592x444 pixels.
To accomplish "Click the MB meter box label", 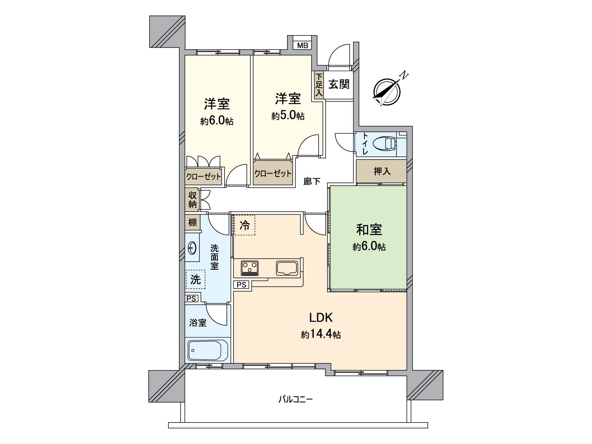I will click(x=303, y=46).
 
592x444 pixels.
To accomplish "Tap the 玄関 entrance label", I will click(x=339, y=84).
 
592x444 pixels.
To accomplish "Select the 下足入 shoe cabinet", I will click(x=319, y=85).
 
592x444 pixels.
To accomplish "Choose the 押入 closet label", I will click(x=382, y=171).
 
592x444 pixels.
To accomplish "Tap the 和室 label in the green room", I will click(x=369, y=230).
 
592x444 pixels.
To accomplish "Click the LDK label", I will click(x=321, y=317).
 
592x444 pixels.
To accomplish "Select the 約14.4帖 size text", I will click(x=321, y=335).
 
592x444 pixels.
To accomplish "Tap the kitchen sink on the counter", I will click(x=287, y=268).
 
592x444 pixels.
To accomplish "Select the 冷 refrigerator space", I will click(x=245, y=225).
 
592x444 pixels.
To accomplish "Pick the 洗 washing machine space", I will click(x=195, y=279).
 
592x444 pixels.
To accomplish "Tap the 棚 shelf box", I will click(x=192, y=223).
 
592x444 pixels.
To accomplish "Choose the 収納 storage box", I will click(x=192, y=199).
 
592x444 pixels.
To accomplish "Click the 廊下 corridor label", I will click(x=312, y=181).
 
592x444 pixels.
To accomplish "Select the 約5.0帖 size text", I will click(x=288, y=116).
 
